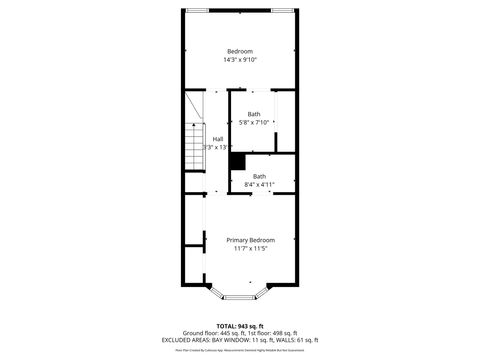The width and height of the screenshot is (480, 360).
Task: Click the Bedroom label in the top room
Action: [240, 51]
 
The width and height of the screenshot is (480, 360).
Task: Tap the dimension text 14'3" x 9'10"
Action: [240, 60]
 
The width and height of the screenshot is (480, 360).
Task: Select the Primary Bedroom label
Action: [250, 240]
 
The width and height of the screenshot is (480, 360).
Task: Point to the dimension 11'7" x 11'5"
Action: [250, 249]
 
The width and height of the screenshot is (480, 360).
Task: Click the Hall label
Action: [218, 139]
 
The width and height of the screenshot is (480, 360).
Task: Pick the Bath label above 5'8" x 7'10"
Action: [254, 114]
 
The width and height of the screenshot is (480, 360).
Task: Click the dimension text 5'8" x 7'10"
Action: [254, 123]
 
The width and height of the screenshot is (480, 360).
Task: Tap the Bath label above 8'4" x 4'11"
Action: [260, 176]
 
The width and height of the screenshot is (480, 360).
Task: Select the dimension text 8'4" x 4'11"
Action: [260, 185]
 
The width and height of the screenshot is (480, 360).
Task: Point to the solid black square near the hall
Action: [237, 161]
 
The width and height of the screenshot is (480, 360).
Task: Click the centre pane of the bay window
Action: [240, 297]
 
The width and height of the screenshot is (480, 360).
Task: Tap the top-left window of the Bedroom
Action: [198, 11]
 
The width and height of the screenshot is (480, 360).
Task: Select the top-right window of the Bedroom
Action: [283, 11]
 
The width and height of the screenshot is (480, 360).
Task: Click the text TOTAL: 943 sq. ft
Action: [240, 325]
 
